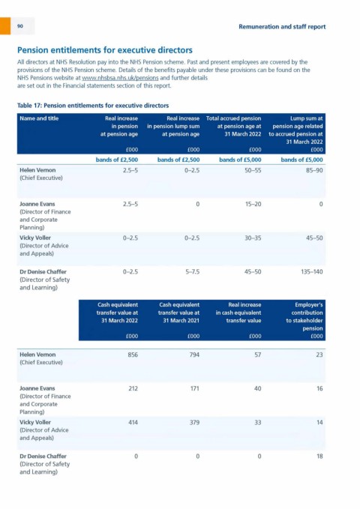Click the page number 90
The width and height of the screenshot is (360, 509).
pos(20,26)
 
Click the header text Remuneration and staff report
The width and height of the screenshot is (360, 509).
pos(282,27)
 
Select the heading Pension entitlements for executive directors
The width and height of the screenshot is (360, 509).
pos(105,50)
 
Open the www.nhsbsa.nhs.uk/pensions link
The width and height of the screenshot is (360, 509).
pos(120,78)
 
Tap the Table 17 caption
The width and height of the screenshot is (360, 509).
pos(93,106)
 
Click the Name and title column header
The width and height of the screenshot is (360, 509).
pos(39,118)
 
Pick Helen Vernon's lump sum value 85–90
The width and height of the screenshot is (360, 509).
pos(314,170)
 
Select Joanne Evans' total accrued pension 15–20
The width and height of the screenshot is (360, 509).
pos(253,204)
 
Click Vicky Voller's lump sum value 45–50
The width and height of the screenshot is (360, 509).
pos(314,238)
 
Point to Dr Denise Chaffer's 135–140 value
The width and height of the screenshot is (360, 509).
pos(312,271)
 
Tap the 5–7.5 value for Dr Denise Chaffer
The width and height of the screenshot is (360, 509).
pos(193,271)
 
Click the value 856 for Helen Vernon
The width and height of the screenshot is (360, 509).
pos(133,355)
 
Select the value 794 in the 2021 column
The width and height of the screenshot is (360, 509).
pos(194,355)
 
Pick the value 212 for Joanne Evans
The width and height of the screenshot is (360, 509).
pos(133,388)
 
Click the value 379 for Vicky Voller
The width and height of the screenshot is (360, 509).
pos(194,422)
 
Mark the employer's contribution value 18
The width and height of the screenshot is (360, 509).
pos(319,456)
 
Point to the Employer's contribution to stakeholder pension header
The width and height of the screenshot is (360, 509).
pos(304,316)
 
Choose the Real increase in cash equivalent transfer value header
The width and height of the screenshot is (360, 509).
pos(238,313)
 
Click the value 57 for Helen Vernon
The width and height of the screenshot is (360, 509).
pos(258,355)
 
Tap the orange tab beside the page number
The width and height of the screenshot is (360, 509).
pos(5,25)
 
